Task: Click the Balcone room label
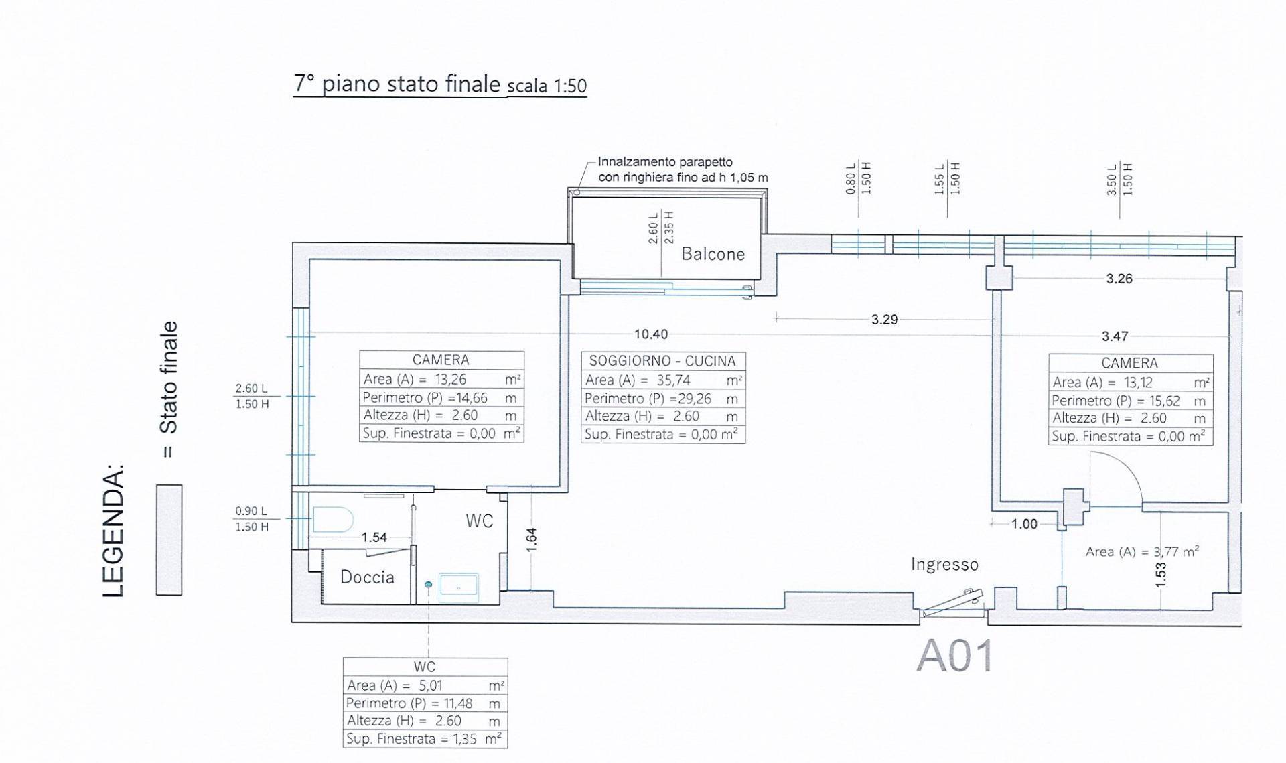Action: [x=713, y=254]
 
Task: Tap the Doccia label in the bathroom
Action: [x=367, y=577]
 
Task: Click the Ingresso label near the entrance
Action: [x=944, y=565]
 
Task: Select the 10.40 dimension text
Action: [x=651, y=334]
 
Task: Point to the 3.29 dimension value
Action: [x=884, y=320]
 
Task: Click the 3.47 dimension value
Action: [x=1115, y=336]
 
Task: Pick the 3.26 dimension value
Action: [x=1119, y=279]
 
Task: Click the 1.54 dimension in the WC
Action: [x=374, y=537]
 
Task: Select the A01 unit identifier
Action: [x=954, y=655]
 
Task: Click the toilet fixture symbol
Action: [x=333, y=520]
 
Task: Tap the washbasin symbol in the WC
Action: [x=459, y=587]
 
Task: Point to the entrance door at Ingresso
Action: [x=953, y=602]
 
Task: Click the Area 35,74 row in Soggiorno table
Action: [x=663, y=380]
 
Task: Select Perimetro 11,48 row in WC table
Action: [x=425, y=703]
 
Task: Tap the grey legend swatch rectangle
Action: [x=169, y=539]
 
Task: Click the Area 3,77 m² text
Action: [x=1142, y=551]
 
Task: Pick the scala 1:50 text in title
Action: [x=547, y=86]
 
